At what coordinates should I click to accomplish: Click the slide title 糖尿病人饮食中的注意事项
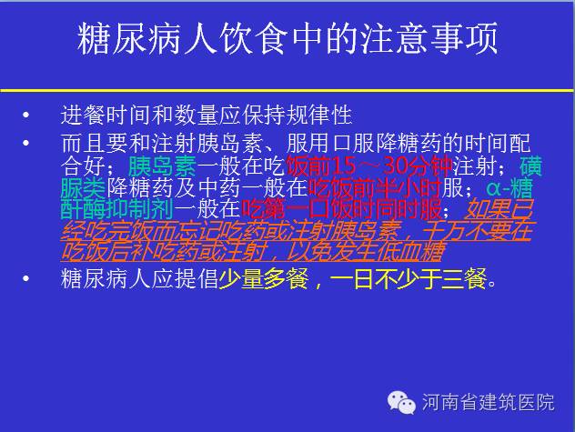click(x=287, y=38)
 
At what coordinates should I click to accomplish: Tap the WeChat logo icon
click(x=401, y=402)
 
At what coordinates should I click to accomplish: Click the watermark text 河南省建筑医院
click(x=488, y=402)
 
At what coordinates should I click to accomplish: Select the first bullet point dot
click(x=25, y=115)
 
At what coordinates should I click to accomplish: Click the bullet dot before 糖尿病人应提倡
click(x=25, y=278)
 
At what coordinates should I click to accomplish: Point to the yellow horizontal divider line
click(x=287, y=90)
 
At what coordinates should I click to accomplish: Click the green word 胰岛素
click(x=163, y=166)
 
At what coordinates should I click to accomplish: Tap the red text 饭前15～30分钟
click(x=369, y=166)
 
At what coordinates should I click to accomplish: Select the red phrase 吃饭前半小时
click(x=375, y=187)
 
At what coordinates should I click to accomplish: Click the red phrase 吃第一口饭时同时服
click(x=342, y=209)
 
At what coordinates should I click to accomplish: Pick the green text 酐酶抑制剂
click(x=117, y=209)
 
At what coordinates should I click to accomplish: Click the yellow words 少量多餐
click(x=263, y=278)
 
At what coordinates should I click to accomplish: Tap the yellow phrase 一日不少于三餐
click(x=409, y=278)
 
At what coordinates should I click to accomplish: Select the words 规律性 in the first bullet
click(x=318, y=115)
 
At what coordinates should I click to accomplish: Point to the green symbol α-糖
click(x=509, y=187)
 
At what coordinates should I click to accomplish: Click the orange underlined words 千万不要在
click(x=477, y=231)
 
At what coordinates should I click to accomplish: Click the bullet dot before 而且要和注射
click(x=25, y=143)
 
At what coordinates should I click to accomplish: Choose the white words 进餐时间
click(x=106, y=115)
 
